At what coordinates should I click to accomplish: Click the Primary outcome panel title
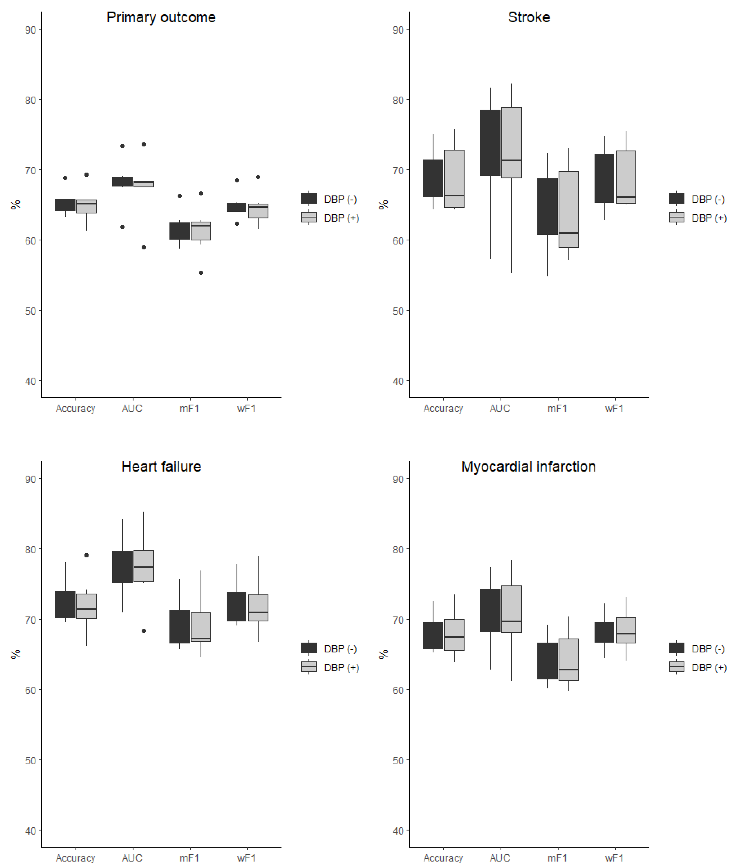[161, 18]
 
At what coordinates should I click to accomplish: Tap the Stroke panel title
[529, 18]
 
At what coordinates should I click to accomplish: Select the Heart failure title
[161, 467]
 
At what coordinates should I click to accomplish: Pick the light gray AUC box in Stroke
[511, 142]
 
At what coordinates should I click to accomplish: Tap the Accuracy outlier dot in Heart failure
[87, 555]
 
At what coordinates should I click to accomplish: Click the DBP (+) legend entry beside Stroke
[698, 218]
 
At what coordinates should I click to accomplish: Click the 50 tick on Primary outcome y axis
[30, 311]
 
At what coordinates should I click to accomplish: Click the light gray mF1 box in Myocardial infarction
[569, 659]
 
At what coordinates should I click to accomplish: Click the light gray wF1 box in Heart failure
[258, 608]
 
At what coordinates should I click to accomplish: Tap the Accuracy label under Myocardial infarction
[443, 858]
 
